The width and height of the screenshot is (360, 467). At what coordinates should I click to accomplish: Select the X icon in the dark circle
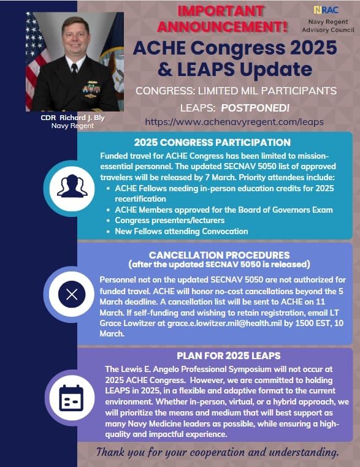72,294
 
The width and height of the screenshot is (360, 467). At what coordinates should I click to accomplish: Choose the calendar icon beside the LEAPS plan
71,398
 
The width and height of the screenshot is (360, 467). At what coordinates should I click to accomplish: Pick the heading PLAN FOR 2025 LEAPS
220,356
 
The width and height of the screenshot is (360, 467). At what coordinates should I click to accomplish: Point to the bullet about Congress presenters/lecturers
170,221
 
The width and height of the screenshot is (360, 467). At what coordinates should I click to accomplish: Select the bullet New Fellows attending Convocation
181,231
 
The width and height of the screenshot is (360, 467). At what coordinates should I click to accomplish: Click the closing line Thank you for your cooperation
217,453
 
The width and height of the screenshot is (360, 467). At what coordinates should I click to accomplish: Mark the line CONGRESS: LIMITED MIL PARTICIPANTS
236,91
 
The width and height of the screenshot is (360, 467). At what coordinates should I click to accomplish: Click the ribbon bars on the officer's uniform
91,85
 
